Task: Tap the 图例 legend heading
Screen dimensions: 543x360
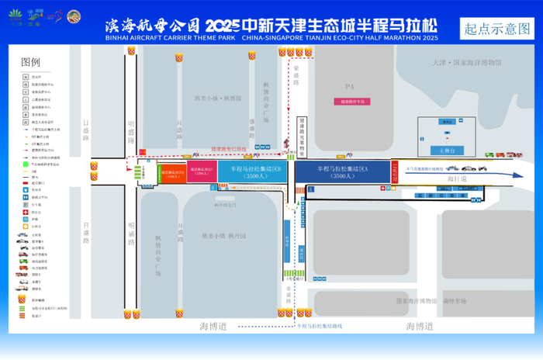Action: (x=31, y=62)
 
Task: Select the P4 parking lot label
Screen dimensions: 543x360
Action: (x=349, y=86)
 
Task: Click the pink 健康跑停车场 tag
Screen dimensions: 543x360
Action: (x=351, y=102)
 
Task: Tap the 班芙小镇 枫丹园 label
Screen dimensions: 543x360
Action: (x=224, y=235)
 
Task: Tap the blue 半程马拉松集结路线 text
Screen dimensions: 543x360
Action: (x=316, y=327)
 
